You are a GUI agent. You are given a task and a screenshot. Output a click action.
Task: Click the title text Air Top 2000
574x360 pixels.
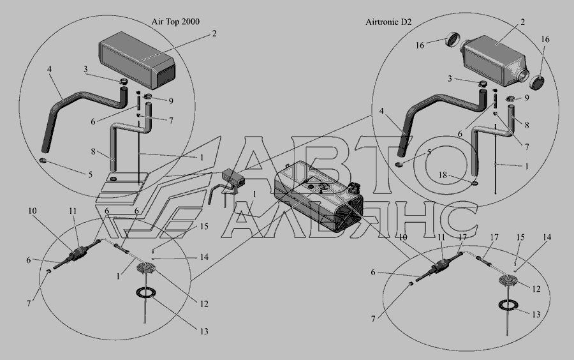tap(176, 22)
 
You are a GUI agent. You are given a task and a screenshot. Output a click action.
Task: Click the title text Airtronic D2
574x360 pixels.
tap(388, 22)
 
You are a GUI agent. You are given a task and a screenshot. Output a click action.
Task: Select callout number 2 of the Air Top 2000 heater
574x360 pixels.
tap(214, 33)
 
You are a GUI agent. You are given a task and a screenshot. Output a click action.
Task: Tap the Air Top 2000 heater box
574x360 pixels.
tap(137, 61)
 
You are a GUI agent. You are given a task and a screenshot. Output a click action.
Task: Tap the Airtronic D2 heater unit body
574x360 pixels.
tap(494, 61)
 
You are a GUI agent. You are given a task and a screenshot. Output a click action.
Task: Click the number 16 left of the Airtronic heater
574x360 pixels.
tap(420, 45)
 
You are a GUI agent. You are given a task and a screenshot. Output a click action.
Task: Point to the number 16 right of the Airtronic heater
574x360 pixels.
tap(545, 39)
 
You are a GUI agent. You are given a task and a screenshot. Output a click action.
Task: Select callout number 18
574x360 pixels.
tap(443, 175)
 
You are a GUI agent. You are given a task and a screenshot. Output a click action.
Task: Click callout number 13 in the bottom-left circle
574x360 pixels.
tap(204, 331)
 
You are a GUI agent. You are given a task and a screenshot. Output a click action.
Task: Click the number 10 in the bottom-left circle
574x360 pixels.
tap(33, 211)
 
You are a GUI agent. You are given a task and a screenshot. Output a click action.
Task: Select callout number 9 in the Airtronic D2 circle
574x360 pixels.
tap(526, 98)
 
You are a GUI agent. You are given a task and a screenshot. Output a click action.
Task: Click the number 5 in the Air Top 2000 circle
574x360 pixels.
tap(90, 174)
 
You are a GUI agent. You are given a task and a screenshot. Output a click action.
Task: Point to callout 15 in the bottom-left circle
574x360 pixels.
tap(204, 227)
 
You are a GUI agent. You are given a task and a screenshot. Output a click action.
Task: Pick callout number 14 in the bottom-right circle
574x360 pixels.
tap(547, 237)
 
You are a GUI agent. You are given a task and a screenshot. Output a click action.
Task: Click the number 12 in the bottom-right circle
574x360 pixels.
tap(536, 289)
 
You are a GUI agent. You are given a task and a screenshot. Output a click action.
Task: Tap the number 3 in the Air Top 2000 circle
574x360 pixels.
tap(85, 69)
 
